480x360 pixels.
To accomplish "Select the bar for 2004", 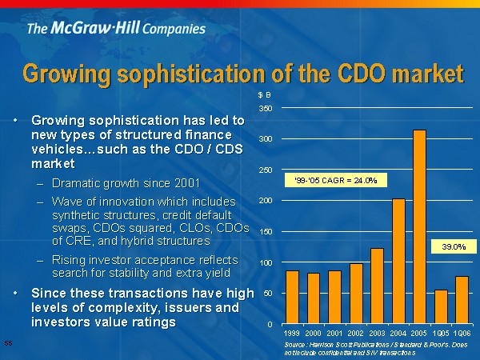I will pyautogui.click(x=398, y=261).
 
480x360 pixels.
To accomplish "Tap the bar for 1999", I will pyautogui.click(x=292, y=297).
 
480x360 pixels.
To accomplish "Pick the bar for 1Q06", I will pyautogui.click(x=462, y=300).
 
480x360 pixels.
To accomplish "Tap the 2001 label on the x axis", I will pyautogui.click(x=334, y=331).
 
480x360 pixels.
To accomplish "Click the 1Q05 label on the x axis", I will pyautogui.click(x=441, y=331).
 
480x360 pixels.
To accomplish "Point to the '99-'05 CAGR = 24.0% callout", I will pyautogui.click(x=336, y=180).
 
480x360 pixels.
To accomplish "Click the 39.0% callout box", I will pyautogui.click(x=454, y=247).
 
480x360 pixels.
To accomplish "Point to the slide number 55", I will pyautogui.click(x=8, y=343).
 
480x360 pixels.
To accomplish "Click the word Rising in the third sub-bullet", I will pyautogui.click(x=70, y=260).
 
